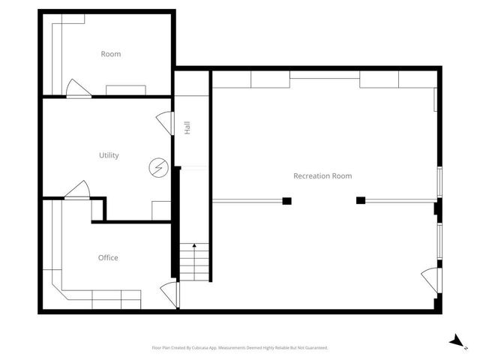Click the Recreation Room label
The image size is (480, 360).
pyautogui.click(x=322, y=176)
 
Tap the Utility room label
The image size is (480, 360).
pyautogui.click(x=109, y=155)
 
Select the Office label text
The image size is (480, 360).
pyautogui.click(x=108, y=258)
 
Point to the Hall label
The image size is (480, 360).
pyautogui.click(x=187, y=128)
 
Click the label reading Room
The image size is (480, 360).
pyautogui.click(x=111, y=54)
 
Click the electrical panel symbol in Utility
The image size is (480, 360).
pyautogui.click(x=158, y=167)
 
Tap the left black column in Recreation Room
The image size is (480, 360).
pyautogui.click(x=286, y=200)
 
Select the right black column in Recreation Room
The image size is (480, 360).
pyautogui.click(x=361, y=200)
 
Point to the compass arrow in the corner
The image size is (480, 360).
pyautogui.click(x=454, y=341)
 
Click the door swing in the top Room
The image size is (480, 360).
pyautogui.click(x=76, y=88)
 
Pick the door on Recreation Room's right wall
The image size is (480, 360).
pyautogui.click(x=430, y=278)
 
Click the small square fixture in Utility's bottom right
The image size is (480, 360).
pyautogui.click(x=161, y=210)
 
